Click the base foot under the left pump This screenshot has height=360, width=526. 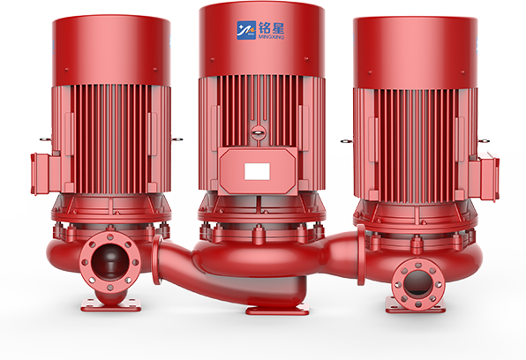(x=110, y=304)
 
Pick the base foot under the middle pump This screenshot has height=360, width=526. (x=276, y=309)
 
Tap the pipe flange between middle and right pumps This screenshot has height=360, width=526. (x=361, y=252)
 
